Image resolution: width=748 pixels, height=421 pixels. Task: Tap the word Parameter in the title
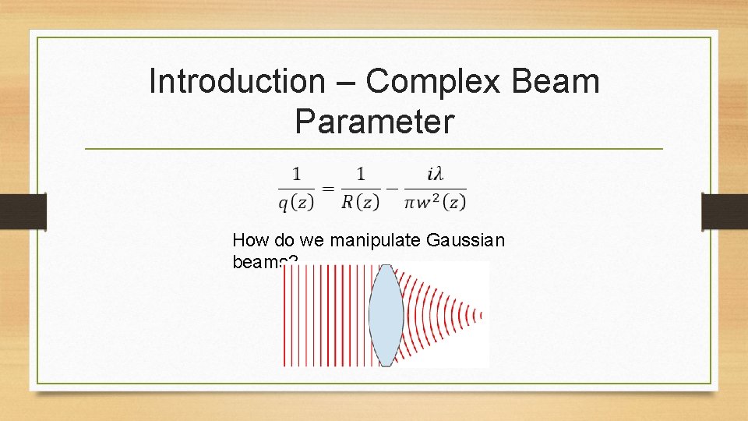tap(374, 121)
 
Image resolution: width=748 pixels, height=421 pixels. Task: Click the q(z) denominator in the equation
tap(296, 203)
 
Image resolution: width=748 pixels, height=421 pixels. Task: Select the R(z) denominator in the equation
tap(361, 203)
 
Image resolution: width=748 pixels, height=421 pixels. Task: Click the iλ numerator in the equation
tap(436, 173)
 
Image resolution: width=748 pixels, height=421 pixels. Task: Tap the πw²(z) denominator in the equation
tap(436, 203)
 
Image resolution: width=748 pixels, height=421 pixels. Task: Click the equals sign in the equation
tap(328, 189)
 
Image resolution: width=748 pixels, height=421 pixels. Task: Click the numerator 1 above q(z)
tap(297, 173)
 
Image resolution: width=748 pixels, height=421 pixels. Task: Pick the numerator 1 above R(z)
tap(360, 173)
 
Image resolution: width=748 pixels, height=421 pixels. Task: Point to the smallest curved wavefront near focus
tap(481, 315)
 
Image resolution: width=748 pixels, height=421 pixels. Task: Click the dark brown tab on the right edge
tap(725, 211)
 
